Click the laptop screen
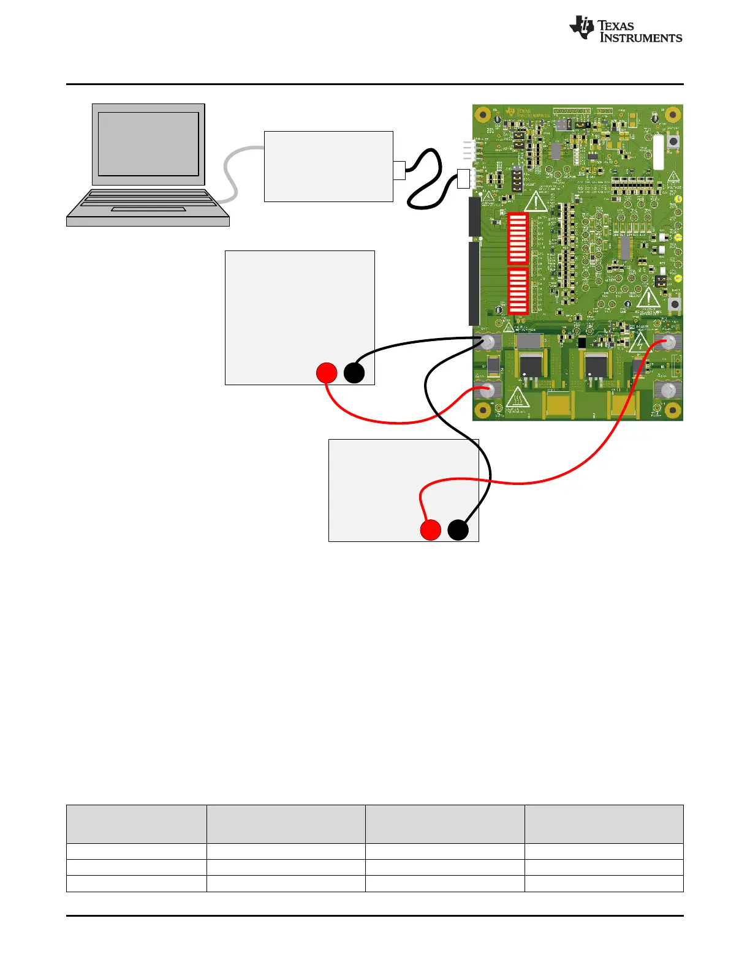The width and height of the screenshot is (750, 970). [x=148, y=144]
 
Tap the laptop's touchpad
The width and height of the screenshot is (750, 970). [x=148, y=209]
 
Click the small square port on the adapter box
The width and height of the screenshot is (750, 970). [x=399, y=170]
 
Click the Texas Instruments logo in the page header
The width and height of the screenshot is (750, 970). [x=625, y=29]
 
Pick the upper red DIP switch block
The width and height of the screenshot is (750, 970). [x=518, y=238]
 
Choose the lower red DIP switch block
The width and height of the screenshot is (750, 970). [x=518, y=291]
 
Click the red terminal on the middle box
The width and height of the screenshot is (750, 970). [x=327, y=373]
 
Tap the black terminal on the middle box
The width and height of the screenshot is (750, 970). [x=354, y=373]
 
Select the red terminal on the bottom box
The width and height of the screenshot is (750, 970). [x=431, y=530]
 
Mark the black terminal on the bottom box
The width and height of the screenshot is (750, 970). [x=458, y=530]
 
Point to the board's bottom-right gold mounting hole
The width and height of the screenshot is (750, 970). [x=673, y=410]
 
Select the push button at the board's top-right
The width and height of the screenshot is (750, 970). [x=674, y=142]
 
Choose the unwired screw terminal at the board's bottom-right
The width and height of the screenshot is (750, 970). [x=668, y=390]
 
